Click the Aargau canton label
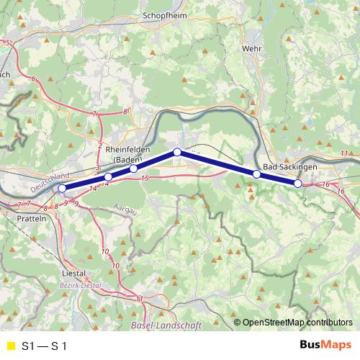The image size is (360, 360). [125, 209]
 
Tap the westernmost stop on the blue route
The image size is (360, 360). [62, 189]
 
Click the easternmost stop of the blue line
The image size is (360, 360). [298, 184]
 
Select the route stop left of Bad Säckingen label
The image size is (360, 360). [256, 174]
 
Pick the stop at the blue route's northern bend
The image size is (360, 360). [177, 152]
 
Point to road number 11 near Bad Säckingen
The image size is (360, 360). [344, 153]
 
